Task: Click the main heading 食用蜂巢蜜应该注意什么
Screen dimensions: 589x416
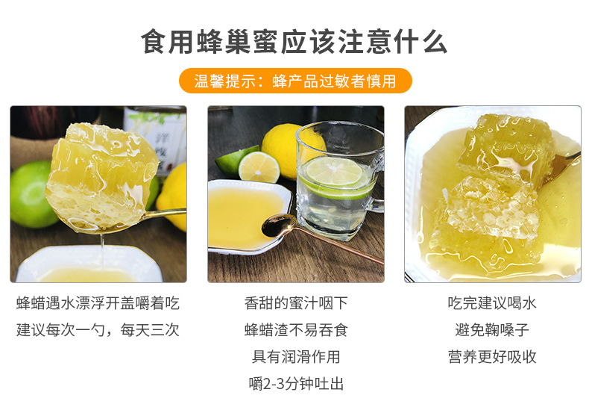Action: click(294, 41)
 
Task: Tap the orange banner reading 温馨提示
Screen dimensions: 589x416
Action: click(295, 81)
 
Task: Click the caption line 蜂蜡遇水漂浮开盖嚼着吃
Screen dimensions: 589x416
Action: click(98, 303)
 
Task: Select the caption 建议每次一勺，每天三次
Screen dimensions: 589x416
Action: click(98, 330)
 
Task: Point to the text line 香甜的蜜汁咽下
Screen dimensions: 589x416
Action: click(296, 303)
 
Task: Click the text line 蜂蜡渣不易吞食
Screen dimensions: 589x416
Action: click(296, 330)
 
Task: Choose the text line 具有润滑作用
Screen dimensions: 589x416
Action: click(296, 356)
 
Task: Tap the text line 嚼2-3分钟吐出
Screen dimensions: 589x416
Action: click(296, 384)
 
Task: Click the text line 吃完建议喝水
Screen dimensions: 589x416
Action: click(492, 303)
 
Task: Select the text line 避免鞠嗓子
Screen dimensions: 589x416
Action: click(492, 330)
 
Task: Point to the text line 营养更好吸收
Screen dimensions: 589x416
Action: click(492, 356)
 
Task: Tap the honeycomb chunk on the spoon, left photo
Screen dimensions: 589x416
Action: click(101, 176)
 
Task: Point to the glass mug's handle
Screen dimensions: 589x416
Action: click(377, 181)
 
